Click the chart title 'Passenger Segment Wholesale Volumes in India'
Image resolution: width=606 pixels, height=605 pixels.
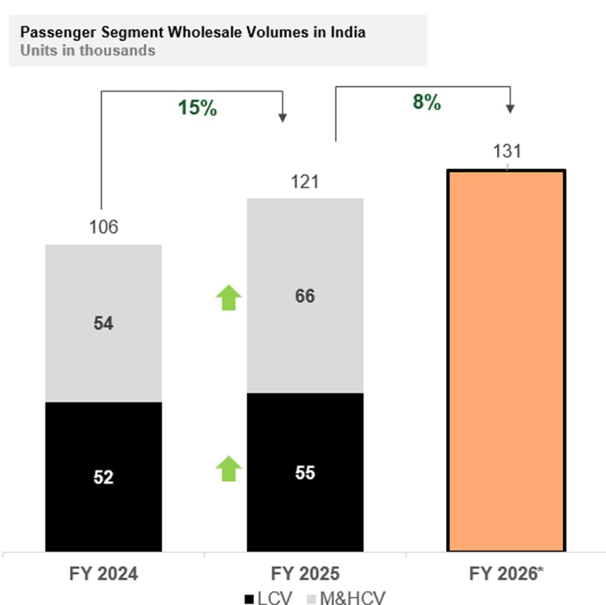(193, 32)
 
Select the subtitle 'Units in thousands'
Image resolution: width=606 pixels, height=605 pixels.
(88, 50)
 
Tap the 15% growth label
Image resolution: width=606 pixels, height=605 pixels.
(198, 108)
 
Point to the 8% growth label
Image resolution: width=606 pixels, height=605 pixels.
(427, 102)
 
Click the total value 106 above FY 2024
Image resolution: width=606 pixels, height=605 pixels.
(104, 227)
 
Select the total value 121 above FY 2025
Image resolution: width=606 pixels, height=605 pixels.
(305, 182)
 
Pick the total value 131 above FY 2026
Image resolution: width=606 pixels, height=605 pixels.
(507, 152)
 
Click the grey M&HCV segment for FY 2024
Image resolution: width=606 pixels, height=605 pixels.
(104, 323)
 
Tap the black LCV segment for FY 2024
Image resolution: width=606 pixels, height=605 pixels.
(104, 477)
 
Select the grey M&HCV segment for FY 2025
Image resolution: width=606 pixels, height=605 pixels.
(305, 296)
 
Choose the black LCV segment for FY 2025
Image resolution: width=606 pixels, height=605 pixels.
(305, 473)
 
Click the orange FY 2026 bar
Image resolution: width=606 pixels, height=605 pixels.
(507, 361)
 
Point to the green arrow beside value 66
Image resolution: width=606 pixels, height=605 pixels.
(228, 297)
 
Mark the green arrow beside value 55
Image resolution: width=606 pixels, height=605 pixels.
(228, 468)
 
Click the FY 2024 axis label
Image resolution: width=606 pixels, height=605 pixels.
(104, 574)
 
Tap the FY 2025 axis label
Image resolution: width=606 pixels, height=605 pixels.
(305, 574)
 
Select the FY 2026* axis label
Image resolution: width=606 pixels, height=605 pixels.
(507, 574)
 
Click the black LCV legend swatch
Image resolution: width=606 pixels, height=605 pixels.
(250, 598)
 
